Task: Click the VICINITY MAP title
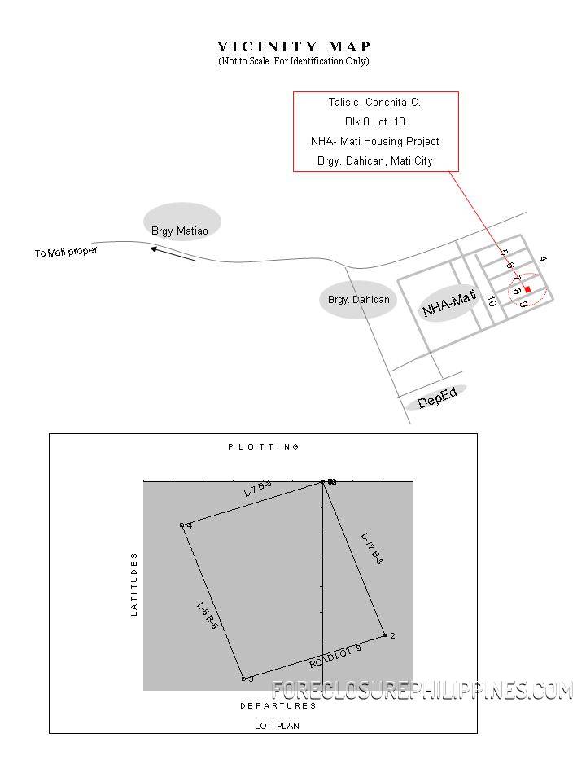pos(294,46)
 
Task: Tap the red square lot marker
pos(527,289)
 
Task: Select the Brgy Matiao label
pos(180,231)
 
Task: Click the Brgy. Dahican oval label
pos(358,300)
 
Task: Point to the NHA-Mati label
pos(448,304)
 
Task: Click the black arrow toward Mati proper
pos(173,254)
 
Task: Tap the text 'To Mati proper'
pos(66,252)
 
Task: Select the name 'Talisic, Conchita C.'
pos(374,103)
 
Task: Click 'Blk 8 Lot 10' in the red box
pos(374,122)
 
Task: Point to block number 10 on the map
pos(491,301)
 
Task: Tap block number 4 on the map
pos(543,259)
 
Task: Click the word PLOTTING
pos(264,447)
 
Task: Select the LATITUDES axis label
pos(134,583)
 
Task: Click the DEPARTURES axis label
pos(278,705)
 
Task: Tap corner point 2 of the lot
pos(385,635)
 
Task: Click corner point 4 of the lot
pos(182,525)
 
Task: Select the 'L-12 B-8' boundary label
pos(372,548)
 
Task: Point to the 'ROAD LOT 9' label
pos(335,656)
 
